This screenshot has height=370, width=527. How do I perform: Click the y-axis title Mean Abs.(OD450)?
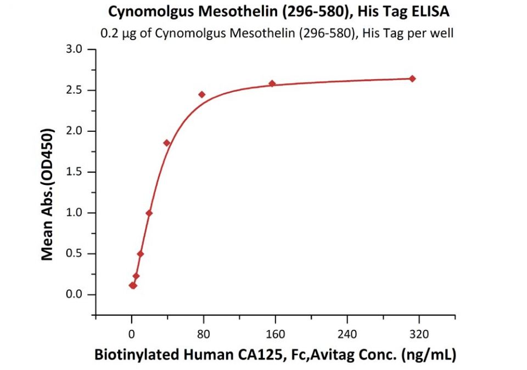pos(48,194)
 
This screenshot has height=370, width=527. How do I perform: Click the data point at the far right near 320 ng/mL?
pos(412,79)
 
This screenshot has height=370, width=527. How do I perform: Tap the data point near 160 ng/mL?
pos(272,83)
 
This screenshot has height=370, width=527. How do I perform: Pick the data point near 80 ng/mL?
pos(202,94)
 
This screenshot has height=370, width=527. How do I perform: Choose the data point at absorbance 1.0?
pos(149,213)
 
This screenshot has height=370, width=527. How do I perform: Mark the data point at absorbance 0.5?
pos(141,254)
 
